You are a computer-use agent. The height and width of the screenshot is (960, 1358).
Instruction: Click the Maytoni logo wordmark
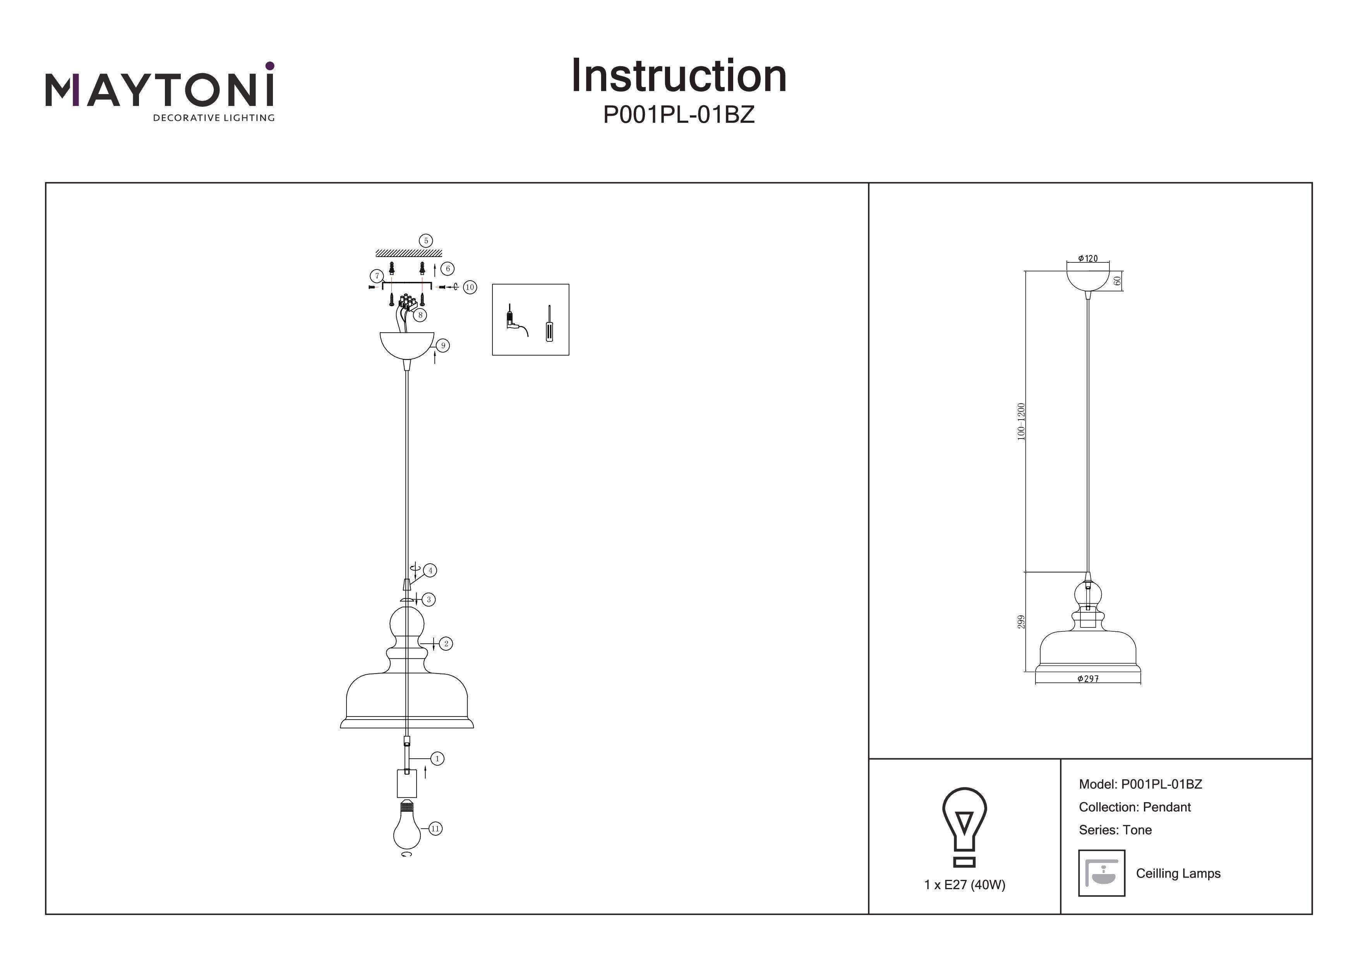tap(160, 90)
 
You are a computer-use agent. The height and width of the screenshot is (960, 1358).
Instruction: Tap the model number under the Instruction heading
tap(678, 115)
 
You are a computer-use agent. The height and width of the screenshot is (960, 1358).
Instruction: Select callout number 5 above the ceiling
tap(425, 241)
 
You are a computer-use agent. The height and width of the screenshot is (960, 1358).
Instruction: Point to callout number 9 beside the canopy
tap(442, 345)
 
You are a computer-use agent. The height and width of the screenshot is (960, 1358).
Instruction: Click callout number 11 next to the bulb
tap(436, 829)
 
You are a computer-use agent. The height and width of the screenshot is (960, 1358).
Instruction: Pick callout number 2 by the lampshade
tap(446, 644)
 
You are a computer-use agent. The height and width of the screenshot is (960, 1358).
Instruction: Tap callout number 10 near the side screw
tap(470, 288)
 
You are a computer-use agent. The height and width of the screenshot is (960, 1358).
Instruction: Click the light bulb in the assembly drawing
tap(406, 828)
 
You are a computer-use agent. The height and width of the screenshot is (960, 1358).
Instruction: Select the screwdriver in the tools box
tap(549, 324)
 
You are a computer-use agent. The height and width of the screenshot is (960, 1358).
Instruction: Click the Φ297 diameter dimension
tap(1088, 679)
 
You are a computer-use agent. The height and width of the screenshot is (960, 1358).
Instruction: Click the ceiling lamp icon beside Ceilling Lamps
tap(1101, 873)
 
